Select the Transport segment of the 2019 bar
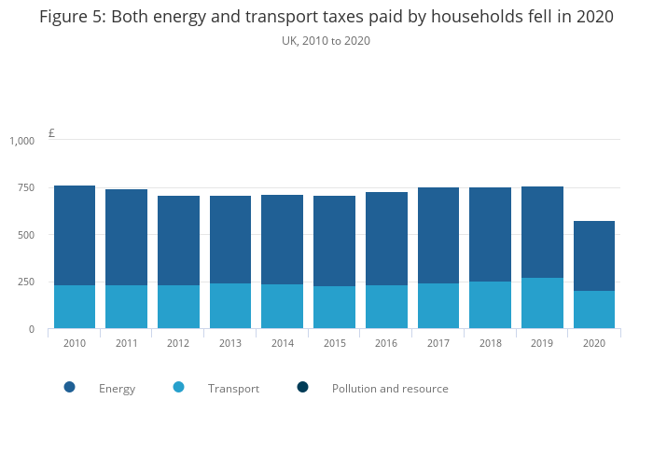tap(542, 303)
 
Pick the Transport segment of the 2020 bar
tap(594, 310)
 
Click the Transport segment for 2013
tap(230, 306)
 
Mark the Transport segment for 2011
tap(126, 307)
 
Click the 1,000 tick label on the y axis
tap(21, 141)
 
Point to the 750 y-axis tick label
tap(25, 188)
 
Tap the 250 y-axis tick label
tap(25, 282)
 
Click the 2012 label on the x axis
tap(178, 343)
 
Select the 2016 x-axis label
tap(386, 343)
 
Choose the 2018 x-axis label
tap(491, 343)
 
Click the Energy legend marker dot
tap(69, 387)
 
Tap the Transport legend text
tap(233, 389)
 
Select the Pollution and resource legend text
tap(390, 389)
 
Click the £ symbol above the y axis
tap(51, 133)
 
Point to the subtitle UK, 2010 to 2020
tap(326, 41)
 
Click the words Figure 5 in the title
tap(70, 17)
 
